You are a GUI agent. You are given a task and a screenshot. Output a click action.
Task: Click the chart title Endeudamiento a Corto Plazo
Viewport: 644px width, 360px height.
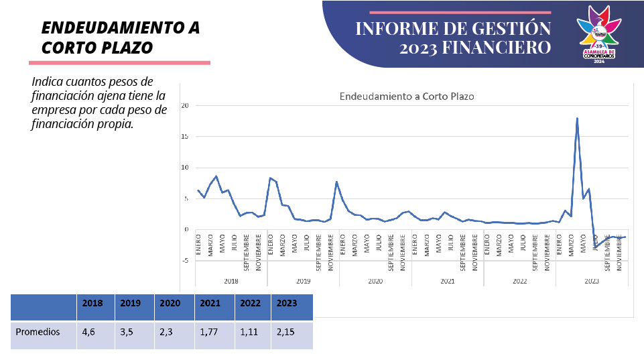[x=407, y=97]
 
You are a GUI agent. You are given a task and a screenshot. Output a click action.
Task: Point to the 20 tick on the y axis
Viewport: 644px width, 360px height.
[x=184, y=106]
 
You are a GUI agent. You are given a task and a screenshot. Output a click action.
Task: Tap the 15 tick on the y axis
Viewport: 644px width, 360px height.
[x=184, y=137]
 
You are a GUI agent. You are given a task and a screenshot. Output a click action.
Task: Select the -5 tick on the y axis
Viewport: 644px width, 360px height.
[x=184, y=261]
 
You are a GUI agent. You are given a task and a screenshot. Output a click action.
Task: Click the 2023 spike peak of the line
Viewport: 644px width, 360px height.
[x=577, y=119]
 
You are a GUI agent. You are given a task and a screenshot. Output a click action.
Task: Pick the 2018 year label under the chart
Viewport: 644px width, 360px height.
[x=231, y=282]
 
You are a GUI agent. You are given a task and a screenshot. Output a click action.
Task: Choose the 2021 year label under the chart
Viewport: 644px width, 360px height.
[x=448, y=282]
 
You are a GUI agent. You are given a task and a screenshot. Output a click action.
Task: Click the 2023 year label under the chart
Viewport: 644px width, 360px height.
[x=592, y=282]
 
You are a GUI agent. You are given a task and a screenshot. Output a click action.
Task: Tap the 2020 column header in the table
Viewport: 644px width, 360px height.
[x=170, y=303]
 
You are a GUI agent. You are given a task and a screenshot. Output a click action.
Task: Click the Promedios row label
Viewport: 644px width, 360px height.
[x=38, y=332]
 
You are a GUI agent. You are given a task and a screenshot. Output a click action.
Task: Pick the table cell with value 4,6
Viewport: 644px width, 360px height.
[x=88, y=332]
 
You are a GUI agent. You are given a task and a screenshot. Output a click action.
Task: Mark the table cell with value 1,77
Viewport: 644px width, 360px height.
[x=209, y=332]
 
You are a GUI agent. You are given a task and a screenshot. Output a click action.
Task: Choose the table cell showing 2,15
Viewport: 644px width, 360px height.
[x=286, y=332]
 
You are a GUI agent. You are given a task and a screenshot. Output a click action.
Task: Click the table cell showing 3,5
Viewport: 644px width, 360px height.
[x=127, y=332]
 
